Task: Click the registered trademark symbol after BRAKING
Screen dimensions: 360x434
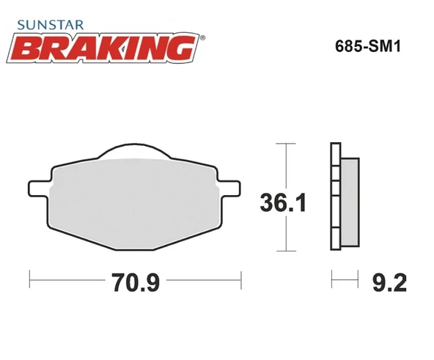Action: (202, 35)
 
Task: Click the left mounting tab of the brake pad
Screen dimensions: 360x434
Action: (37, 188)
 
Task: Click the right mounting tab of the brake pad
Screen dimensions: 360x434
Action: (229, 188)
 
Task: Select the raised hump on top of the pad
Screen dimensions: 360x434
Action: (133, 150)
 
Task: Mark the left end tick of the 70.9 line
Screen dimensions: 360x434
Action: (29, 279)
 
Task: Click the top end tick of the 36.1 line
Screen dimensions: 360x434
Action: (285, 143)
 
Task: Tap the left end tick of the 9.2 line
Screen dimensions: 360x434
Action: (332, 279)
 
